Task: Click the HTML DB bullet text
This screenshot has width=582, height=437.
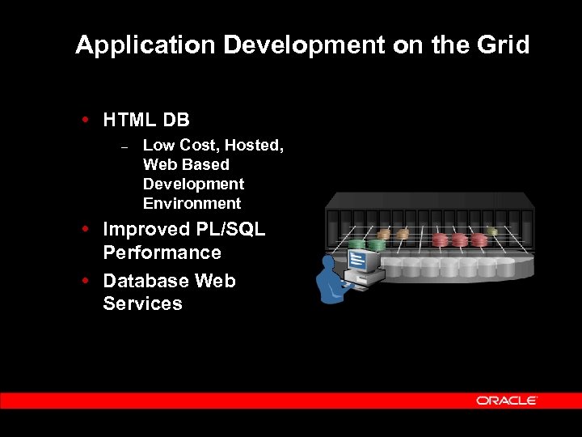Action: coord(146,121)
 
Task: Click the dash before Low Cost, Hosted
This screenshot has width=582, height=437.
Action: coord(124,146)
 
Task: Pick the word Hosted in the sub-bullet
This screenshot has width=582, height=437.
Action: coord(254,145)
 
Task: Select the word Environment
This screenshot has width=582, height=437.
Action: coord(192,203)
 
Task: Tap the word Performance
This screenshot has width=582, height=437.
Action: coord(162,252)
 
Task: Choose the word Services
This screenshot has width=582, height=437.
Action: coord(142,303)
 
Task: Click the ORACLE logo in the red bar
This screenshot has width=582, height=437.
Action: coord(506,401)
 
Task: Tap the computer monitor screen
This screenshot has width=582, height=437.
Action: coord(363,261)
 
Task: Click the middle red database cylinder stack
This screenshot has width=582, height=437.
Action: coord(460,240)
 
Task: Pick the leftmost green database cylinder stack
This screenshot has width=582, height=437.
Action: coord(356,244)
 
